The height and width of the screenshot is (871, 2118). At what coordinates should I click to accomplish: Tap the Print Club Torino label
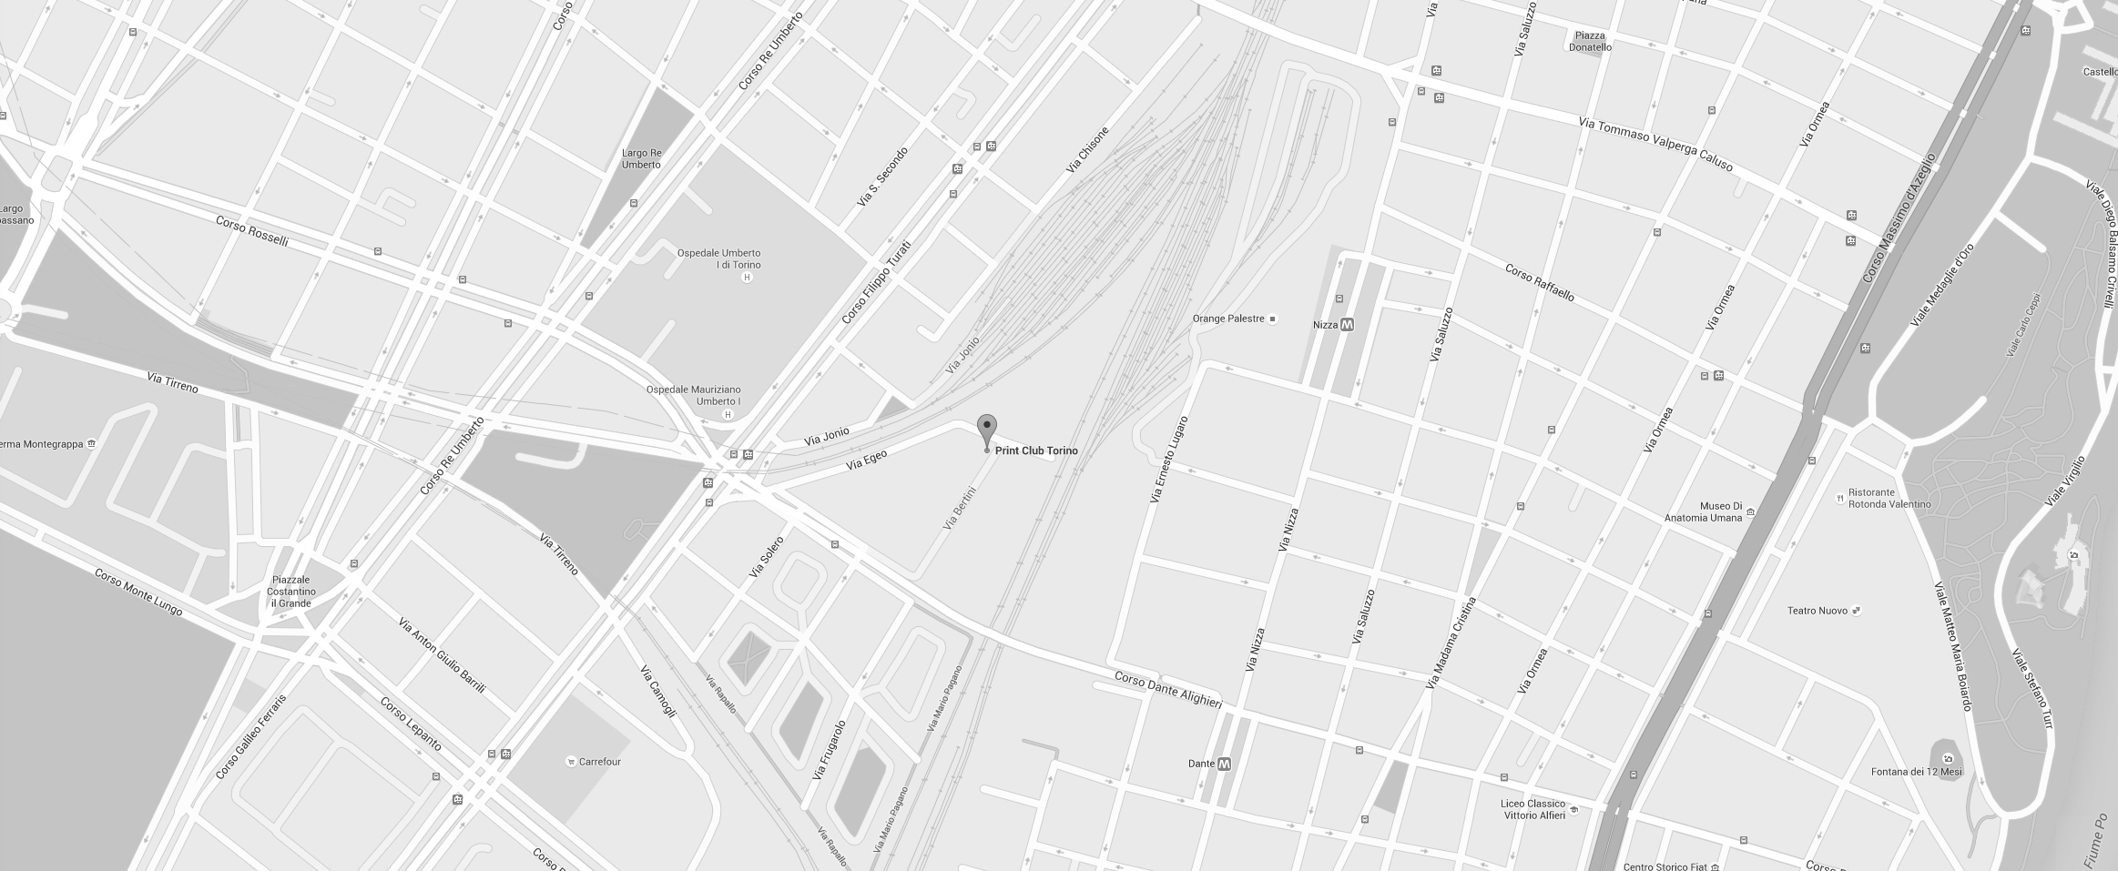pos(1036,451)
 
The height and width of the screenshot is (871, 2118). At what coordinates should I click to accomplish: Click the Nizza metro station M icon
pos(1347,325)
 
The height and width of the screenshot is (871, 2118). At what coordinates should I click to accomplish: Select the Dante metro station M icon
pos(1224,764)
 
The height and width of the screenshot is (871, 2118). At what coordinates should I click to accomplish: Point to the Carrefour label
pos(599,762)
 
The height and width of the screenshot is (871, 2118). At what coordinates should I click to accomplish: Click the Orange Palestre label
pos(1228,319)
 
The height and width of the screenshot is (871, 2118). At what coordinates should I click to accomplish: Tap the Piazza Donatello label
pos(1589,42)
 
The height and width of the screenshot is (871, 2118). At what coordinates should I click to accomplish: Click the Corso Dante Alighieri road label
pos(1167,690)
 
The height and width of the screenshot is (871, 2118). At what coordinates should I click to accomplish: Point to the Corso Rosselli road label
pos(252,231)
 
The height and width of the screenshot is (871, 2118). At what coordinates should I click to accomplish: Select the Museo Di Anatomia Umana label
pos(1720,512)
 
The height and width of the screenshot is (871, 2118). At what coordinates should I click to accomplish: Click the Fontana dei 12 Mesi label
pos(1916,772)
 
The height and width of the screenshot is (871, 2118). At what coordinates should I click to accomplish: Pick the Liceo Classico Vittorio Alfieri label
pos(1533,810)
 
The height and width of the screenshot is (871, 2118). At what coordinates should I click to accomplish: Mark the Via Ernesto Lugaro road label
pos(1168,460)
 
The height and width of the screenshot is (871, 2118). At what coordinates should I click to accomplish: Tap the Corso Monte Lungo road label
pos(138,592)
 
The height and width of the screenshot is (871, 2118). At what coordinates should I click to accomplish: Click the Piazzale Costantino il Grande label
pos(290,592)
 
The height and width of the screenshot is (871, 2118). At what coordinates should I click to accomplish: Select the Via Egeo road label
pos(866,460)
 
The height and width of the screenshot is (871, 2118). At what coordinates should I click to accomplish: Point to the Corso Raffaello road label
pos(1539,283)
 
